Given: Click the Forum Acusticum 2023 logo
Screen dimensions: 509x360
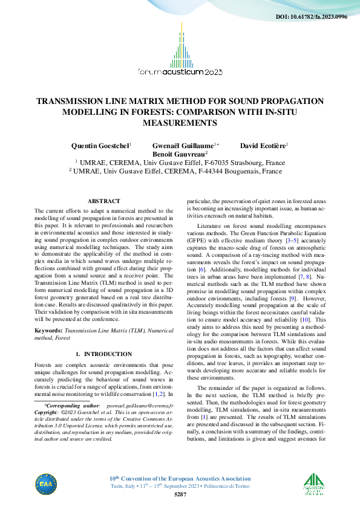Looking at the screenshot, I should pos(180,54).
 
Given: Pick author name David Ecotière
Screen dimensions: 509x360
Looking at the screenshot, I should pos(263,146).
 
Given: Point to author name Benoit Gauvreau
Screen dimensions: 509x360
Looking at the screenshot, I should pos(180,154).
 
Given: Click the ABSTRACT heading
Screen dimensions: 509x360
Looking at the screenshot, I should pos(103,200).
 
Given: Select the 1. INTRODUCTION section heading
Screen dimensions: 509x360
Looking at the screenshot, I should pos(103,354).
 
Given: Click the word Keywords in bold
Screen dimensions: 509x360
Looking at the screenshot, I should pos(48,331).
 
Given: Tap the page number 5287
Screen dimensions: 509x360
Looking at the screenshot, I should pos(180,494).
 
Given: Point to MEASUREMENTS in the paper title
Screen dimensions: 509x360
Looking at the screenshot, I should pos(180,122).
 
